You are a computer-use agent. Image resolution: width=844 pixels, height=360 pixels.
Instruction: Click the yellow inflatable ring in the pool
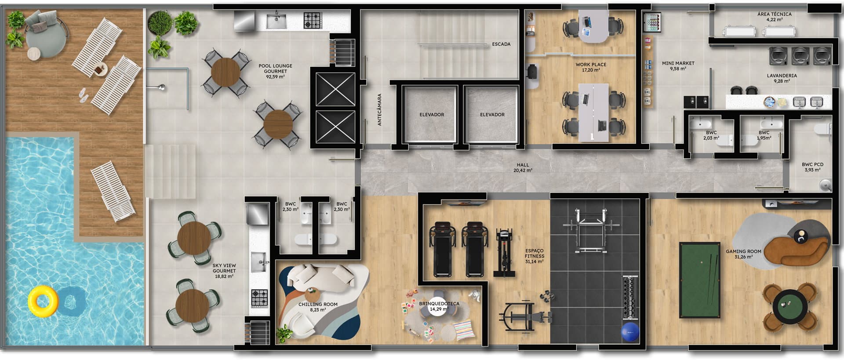click(x=43, y=301)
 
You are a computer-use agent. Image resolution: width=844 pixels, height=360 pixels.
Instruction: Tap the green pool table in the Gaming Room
click(x=700, y=280)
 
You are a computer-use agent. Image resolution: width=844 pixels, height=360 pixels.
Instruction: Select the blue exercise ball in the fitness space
click(x=630, y=332)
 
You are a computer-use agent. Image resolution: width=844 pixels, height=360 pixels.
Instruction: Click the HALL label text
click(x=523, y=165)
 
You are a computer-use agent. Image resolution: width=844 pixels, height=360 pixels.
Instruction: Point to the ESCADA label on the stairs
click(x=501, y=44)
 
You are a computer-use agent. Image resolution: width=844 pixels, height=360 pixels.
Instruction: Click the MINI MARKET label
click(x=678, y=63)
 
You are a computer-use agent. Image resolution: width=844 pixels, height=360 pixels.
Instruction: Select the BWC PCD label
click(x=812, y=165)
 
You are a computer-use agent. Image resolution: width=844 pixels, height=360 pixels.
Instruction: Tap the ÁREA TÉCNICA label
click(x=774, y=14)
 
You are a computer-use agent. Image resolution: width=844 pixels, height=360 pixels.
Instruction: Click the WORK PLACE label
click(x=591, y=65)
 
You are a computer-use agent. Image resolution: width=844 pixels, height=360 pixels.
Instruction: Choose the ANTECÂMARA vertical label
click(x=379, y=109)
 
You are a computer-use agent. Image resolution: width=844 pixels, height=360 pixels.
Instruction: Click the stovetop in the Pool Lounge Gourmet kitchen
click(x=313, y=20)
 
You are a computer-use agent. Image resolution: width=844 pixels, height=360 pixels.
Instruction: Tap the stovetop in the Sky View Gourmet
click(x=259, y=298)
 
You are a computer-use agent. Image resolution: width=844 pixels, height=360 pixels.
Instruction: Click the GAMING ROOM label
click(x=743, y=252)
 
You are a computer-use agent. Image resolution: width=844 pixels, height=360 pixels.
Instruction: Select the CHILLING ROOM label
click(x=318, y=304)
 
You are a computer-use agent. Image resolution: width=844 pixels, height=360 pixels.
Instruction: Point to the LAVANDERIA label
click(x=782, y=76)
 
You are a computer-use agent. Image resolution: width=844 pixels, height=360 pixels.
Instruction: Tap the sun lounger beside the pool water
click(x=113, y=191)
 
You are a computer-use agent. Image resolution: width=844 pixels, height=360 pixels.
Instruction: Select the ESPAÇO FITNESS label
click(x=534, y=253)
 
